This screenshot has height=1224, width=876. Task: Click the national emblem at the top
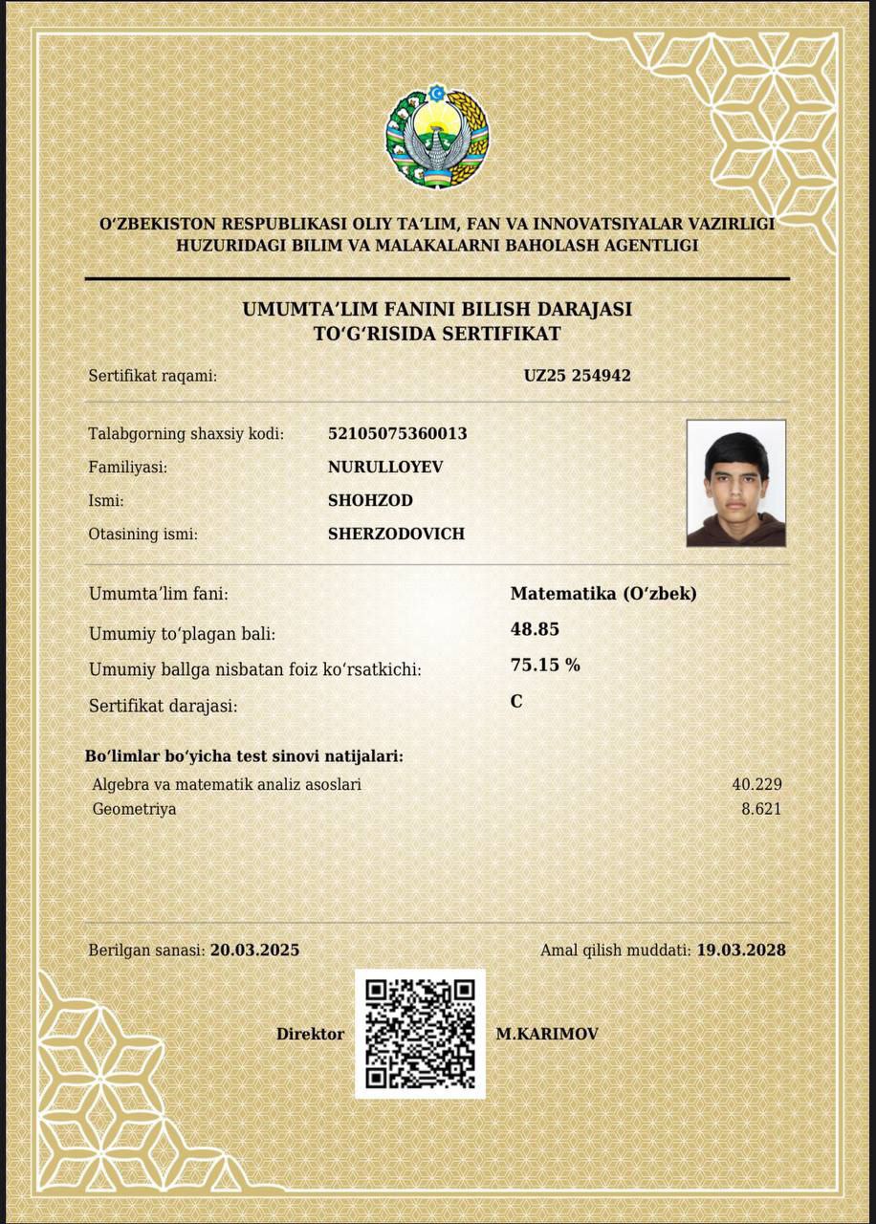pyautogui.click(x=437, y=138)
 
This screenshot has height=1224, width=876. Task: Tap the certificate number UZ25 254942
pyautogui.click(x=577, y=376)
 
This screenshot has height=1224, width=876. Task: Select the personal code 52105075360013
pyautogui.click(x=397, y=433)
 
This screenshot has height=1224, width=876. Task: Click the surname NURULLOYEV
pyautogui.click(x=385, y=467)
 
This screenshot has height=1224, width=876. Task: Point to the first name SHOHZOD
pyautogui.click(x=370, y=500)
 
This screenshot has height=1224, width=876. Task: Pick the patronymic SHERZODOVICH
pyautogui.click(x=396, y=534)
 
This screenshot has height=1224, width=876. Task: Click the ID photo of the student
pyautogui.click(x=735, y=483)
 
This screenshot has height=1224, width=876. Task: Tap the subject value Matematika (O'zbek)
pyautogui.click(x=603, y=593)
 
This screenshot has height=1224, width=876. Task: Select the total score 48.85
pyautogui.click(x=535, y=629)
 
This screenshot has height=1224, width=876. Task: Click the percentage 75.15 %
pyautogui.click(x=545, y=665)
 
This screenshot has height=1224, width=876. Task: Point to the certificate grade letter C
pyautogui.click(x=516, y=701)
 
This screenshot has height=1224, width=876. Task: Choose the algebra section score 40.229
pyautogui.click(x=756, y=784)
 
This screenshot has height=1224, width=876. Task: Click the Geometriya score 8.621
pyautogui.click(x=761, y=809)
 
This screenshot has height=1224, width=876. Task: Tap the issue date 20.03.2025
pyautogui.click(x=254, y=950)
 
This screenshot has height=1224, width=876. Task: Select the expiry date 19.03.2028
pyautogui.click(x=740, y=950)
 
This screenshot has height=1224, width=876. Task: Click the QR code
pyautogui.click(x=420, y=1034)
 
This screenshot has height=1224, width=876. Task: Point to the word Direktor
pyautogui.click(x=310, y=1034)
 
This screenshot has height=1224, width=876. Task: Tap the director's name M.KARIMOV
pyautogui.click(x=546, y=1034)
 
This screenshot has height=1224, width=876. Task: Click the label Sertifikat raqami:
pyautogui.click(x=153, y=376)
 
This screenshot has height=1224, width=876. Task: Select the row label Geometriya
pyautogui.click(x=134, y=809)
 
